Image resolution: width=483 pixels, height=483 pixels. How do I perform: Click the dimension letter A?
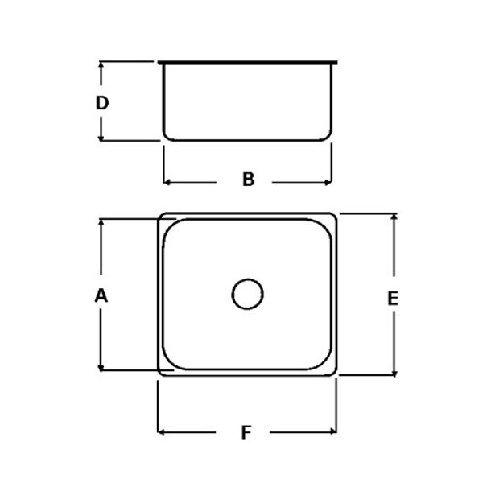[101, 295]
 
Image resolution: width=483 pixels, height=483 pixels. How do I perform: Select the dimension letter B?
[249, 180]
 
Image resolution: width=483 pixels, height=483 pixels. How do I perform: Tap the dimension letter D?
[101, 103]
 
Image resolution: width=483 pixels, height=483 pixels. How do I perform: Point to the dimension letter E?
[393, 298]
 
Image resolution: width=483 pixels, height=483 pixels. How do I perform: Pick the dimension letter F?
[246, 433]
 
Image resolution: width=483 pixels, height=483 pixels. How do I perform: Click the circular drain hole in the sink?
[247, 294]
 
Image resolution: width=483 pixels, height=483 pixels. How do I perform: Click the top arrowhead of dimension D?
[101, 65]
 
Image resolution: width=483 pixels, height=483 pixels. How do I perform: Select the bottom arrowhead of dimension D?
[101, 137]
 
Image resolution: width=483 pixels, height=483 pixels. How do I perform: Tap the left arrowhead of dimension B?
[167, 181]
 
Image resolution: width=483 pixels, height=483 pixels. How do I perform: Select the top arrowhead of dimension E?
[394, 218]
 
